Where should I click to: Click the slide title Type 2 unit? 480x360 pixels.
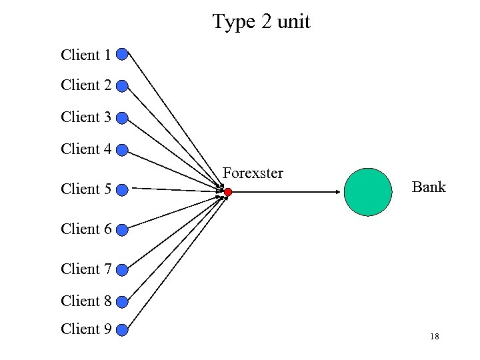pyautogui.click(x=261, y=22)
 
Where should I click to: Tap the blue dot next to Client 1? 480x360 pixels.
pyautogui.click(x=122, y=54)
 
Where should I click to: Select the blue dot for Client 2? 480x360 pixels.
pyautogui.click(x=122, y=86)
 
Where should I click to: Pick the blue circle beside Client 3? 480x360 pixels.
pyautogui.click(x=122, y=118)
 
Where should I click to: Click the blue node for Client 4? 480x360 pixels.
pyautogui.click(x=122, y=150)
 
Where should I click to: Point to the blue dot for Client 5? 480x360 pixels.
pyautogui.click(x=122, y=190)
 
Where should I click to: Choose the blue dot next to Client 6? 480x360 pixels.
pyautogui.click(x=122, y=231)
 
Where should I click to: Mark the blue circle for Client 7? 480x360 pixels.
pyautogui.click(x=122, y=270)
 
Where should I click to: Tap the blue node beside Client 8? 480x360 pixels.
pyautogui.click(x=122, y=302)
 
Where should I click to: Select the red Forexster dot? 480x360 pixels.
pyautogui.click(x=227, y=192)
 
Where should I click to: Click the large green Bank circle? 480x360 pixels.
pyautogui.click(x=368, y=192)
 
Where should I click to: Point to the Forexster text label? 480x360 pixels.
pyautogui.click(x=253, y=173)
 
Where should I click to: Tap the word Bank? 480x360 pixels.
pyautogui.click(x=428, y=187)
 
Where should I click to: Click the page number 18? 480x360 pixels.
pyautogui.click(x=434, y=337)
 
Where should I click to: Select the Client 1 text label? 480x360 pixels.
pyautogui.click(x=86, y=55)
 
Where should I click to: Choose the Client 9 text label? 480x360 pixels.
pyautogui.click(x=86, y=329)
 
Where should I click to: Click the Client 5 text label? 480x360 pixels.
pyautogui.click(x=86, y=189)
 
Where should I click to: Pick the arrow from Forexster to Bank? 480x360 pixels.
pyautogui.click(x=287, y=192)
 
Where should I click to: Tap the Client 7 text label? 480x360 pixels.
pyautogui.click(x=86, y=269)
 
